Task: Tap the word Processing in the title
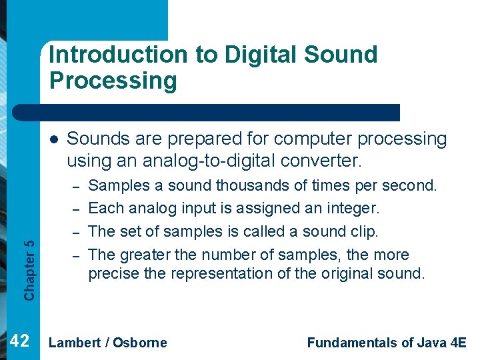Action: pyautogui.click(x=113, y=81)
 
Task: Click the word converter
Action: pyautogui.click(x=323, y=161)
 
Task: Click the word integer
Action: pyautogui.click(x=349, y=208)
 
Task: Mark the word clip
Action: pyautogui.click(x=363, y=231)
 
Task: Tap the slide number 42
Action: pyautogui.click(x=20, y=341)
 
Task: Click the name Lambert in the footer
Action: pyautogui.click(x=75, y=343)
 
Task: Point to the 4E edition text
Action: pyautogui.click(x=458, y=343)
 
